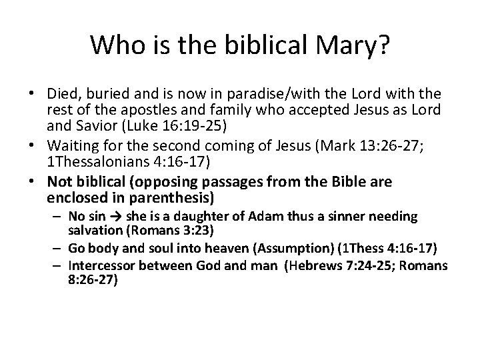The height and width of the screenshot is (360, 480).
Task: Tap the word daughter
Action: (206, 216)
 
